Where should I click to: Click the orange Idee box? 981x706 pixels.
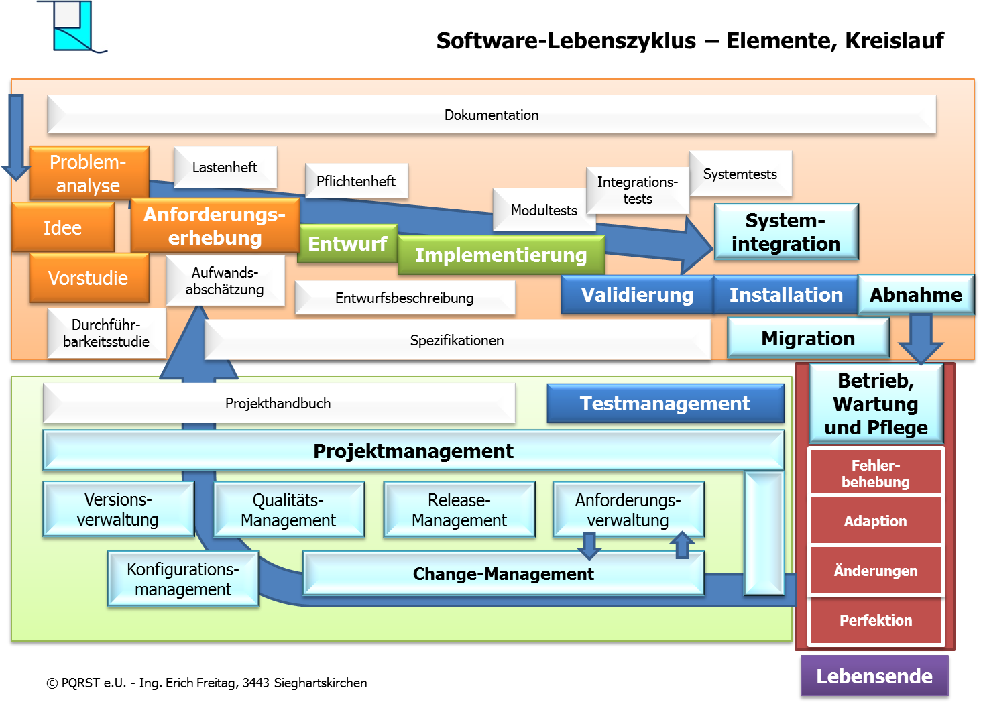pyautogui.click(x=63, y=228)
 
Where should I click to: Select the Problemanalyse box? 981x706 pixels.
pyautogui.click(x=89, y=174)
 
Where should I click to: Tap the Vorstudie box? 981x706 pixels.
pyautogui.click(x=89, y=278)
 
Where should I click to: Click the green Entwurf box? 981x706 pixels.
pyautogui.click(x=347, y=243)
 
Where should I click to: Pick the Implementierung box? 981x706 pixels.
pyautogui.click(x=501, y=255)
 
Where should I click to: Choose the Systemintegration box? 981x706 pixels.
pyautogui.click(x=786, y=232)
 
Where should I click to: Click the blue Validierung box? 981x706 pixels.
pyautogui.click(x=637, y=295)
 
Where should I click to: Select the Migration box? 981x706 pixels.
pyautogui.click(x=808, y=339)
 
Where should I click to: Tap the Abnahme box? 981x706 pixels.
pyautogui.click(x=916, y=295)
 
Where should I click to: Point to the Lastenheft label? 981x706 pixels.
pyautogui.click(x=225, y=168)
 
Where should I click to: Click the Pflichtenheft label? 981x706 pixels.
pyautogui.click(x=356, y=182)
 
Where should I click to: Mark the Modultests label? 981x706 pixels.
pyautogui.click(x=544, y=211)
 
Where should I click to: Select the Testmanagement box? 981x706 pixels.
pyautogui.click(x=665, y=404)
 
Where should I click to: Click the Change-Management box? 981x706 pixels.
pyautogui.click(x=504, y=574)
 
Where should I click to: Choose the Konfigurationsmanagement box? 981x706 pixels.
pyautogui.click(x=183, y=579)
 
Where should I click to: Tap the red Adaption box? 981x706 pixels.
pyautogui.click(x=876, y=521)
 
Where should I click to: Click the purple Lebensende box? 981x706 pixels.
pyautogui.click(x=874, y=676)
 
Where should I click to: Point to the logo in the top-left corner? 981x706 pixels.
pyautogui.click(x=72, y=27)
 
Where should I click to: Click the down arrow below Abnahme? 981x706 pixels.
pyautogui.click(x=921, y=339)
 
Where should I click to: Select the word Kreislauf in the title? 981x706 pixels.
pyautogui.click(x=895, y=41)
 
